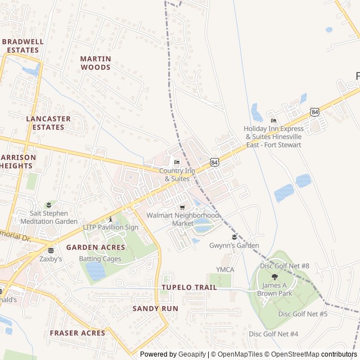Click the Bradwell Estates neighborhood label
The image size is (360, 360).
[x=23, y=46]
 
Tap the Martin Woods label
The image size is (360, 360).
[x=96, y=63]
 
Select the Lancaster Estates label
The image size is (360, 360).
[x=48, y=123]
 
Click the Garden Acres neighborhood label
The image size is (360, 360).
[x=96, y=247]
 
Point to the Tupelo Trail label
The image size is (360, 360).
[x=189, y=287]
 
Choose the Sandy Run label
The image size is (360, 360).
[x=155, y=308]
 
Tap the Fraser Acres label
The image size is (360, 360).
[x=77, y=333]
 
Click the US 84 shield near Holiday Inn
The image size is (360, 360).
[x=314, y=112]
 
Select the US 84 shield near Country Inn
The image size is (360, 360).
[x=214, y=162]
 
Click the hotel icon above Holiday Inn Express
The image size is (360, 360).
[x=273, y=121]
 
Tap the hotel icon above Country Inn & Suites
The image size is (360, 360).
[x=177, y=163]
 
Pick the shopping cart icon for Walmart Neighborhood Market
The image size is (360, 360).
[x=182, y=208]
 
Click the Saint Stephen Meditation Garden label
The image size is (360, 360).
[x=49, y=217]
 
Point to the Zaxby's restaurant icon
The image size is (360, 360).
[x=51, y=251]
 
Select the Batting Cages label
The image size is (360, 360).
[x=100, y=259]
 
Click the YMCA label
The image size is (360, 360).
[x=225, y=270]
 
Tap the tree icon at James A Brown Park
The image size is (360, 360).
[x=274, y=277]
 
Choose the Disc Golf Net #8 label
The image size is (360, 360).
[x=285, y=265]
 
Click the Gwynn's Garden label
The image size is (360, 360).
[x=234, y=245]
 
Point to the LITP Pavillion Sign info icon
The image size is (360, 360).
[x=111, y=219]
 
